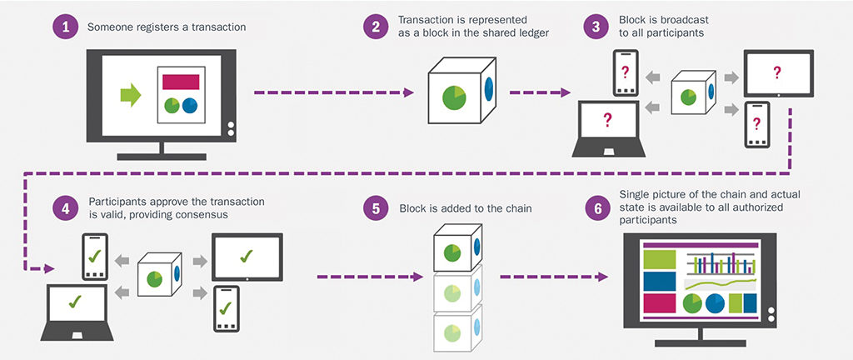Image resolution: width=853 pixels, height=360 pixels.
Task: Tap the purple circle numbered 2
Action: pyautogui.click(x=376, y=26)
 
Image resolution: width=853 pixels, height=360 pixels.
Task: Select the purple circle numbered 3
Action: pyautogui.click(x=596, y=26)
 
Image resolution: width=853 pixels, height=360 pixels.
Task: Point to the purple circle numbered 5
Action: pyautogui.click(x=376, y=208)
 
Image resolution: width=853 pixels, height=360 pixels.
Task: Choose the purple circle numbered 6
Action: pyautogui.click(x=596, y=208)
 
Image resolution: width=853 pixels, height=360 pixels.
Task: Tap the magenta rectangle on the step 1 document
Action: pyautogui.click(x=181, y=81)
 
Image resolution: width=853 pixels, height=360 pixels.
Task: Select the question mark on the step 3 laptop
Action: pyautogui.click(x=607, y=122)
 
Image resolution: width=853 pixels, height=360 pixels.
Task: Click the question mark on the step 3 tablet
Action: pyautogui.click(x=777, y=73)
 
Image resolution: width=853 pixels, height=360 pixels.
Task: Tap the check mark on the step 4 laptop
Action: pyautogui.click(x=77, y=302)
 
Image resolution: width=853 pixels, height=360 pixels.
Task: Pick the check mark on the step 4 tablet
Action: pyautogui.click(x=246, y=253)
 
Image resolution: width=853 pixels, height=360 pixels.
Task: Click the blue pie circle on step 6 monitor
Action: pyautogui.click(x=715, y=302)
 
